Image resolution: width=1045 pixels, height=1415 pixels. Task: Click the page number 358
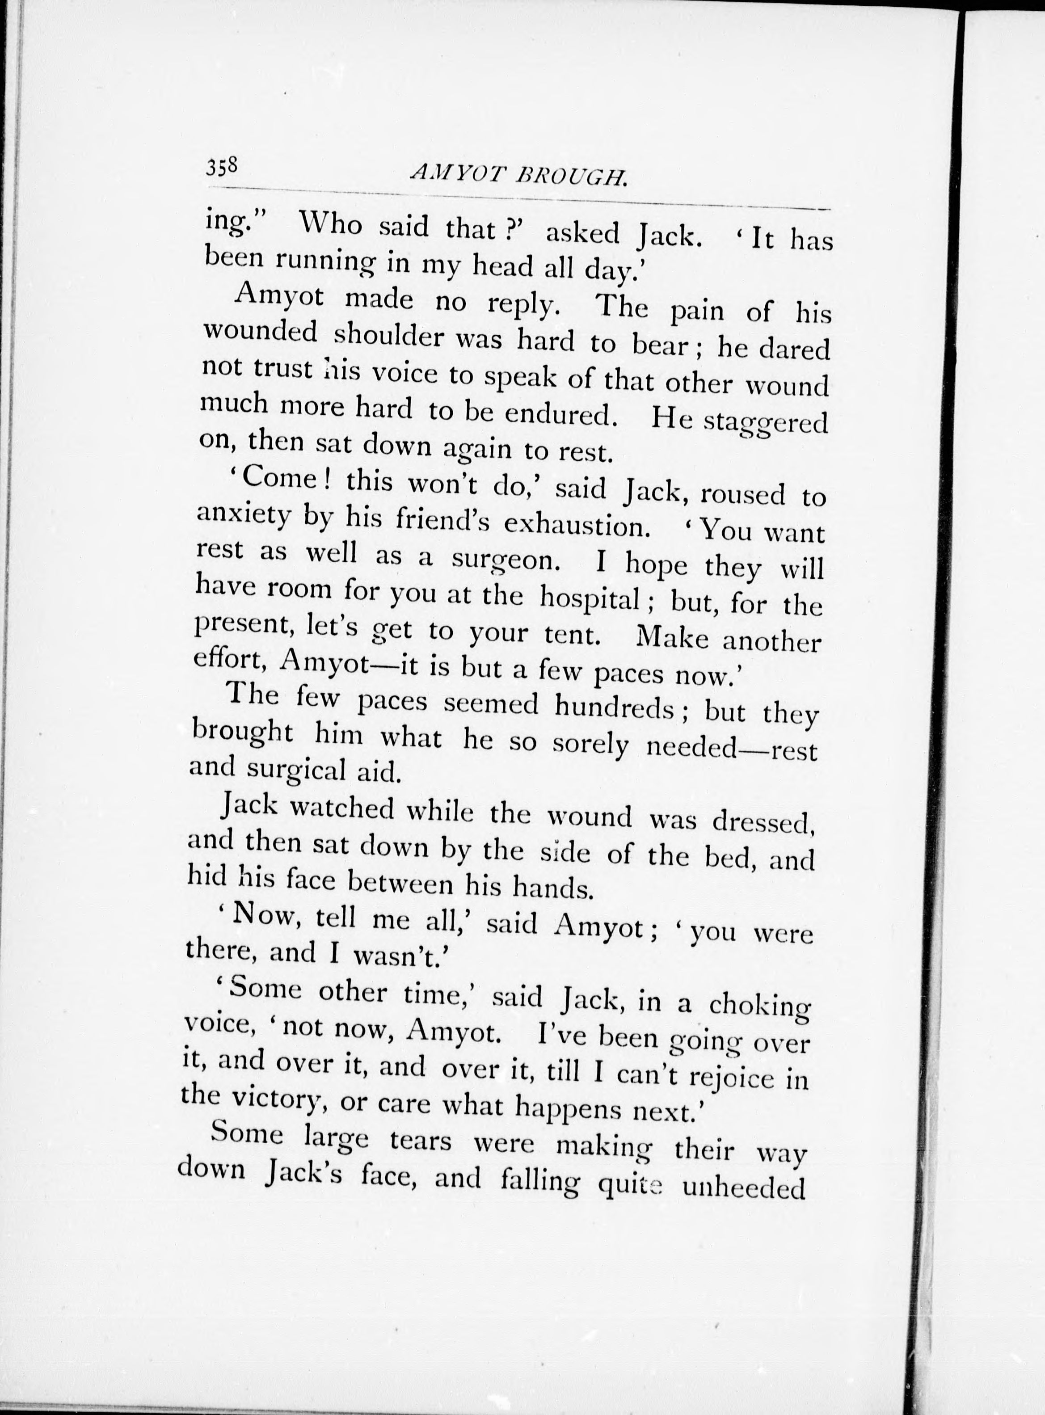[x=221, y=168]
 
